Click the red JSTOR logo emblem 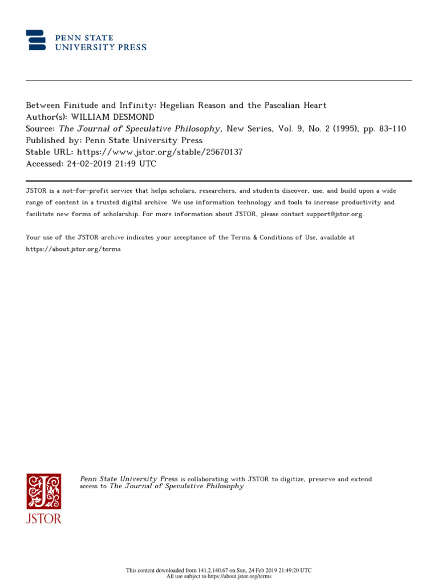43,491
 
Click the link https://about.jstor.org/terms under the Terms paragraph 74,249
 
